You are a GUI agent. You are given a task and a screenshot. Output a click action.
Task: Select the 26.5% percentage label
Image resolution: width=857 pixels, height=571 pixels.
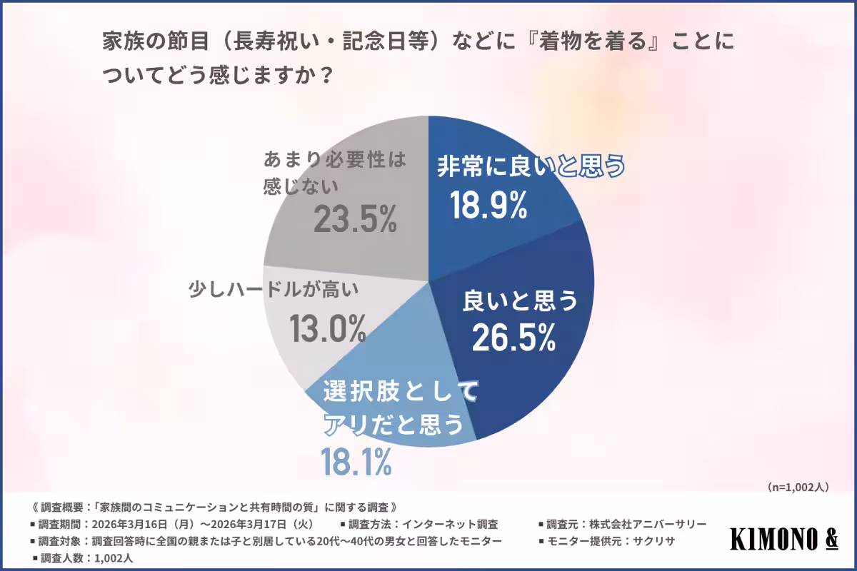coord(513,338)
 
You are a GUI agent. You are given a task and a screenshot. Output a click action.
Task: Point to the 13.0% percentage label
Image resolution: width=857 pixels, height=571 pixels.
coord(328,327)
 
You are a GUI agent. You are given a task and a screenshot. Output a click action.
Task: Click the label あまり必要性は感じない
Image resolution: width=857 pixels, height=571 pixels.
coord(334,170)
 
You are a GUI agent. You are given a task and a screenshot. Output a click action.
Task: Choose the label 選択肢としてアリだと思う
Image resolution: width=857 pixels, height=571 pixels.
coord(389,407)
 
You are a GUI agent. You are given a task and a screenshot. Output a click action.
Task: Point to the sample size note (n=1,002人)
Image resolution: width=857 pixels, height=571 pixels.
coord(798,487)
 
